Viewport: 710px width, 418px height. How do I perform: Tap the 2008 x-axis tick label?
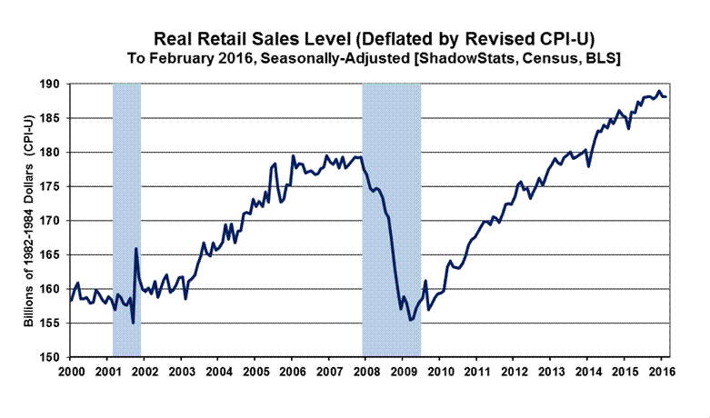tap(364, 372)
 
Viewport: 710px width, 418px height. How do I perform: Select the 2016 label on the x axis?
tap(656, 372)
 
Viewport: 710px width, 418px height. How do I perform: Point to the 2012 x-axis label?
tap(510, 372)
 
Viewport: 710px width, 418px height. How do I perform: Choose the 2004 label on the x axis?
tap(217, 372)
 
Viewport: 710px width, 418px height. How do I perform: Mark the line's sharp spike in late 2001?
tap(135, 249)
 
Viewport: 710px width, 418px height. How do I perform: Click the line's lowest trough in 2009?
tap(410, 319)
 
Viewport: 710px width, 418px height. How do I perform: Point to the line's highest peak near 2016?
tap(658, 91)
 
